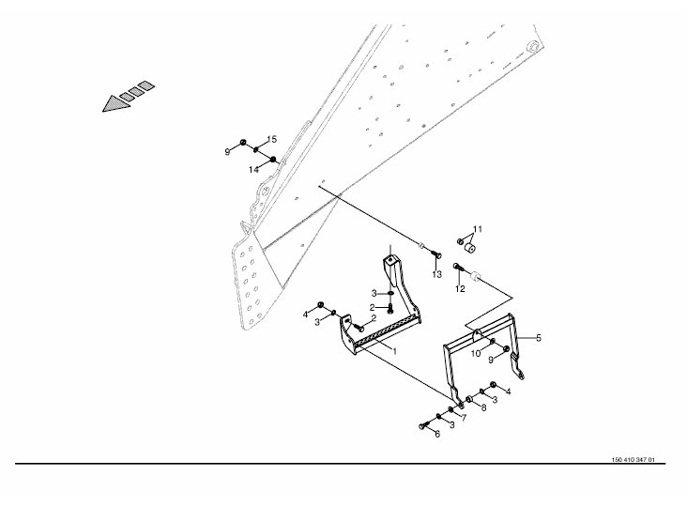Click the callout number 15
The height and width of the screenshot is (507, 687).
(270, 140)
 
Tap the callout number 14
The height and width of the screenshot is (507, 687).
(253, 170)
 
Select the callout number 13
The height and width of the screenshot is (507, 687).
(436, 274)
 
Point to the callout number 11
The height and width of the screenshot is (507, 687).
(477, 229)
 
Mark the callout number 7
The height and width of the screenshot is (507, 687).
(463, 417)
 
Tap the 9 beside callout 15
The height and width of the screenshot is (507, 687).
(227, 150)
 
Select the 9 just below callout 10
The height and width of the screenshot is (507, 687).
(490, 360)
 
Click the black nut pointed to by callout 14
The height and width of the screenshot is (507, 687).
(273, 161)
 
